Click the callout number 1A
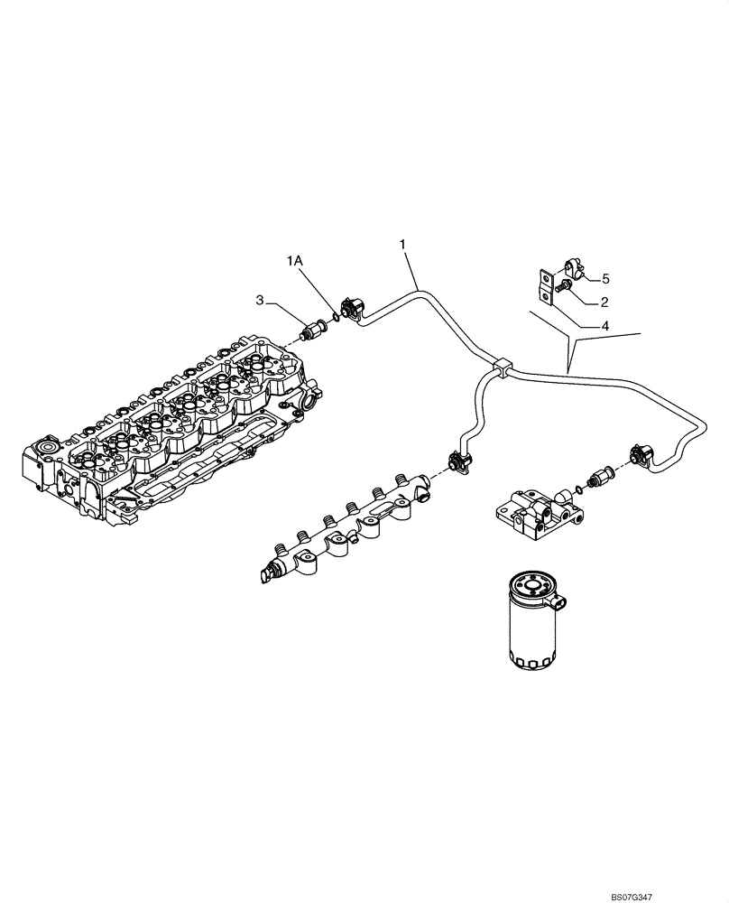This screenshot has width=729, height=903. click(296, 260)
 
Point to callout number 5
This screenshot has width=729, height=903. click(606, 278)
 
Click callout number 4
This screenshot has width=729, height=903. click(606, 324)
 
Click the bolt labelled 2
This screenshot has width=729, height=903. click(563, 288)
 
